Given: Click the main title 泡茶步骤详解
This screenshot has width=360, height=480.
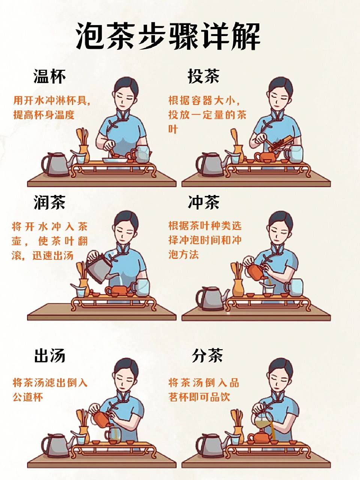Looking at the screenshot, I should click(x=168, y=36).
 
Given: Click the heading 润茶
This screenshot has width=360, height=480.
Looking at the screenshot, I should click(x=49, y=202).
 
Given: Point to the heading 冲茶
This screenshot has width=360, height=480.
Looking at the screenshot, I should click(x=203, y=202).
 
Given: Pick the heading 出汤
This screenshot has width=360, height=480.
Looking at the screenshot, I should click(x=49, y=355).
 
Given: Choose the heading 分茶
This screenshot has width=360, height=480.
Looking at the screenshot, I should click(x=207, y=355).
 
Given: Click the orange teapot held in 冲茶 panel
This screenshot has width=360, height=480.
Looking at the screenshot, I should click(x=256, y=271).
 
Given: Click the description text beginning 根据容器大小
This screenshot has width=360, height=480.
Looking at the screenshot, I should click(x=207, y=114).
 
